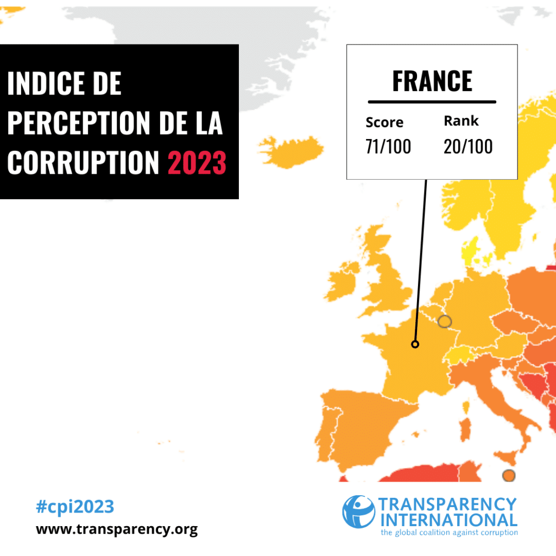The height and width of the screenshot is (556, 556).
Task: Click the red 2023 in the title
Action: tap(197, 161)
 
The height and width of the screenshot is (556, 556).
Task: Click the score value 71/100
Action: tap(388, 146)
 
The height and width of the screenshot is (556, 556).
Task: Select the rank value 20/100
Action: tap(468, 146)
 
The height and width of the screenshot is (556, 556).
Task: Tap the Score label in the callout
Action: tap(384, 122)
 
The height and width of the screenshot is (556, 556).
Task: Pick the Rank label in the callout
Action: tap(461, 121)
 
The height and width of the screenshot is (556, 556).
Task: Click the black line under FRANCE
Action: tap(432, 102)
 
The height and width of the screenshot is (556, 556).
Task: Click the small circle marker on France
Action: tap(415, 344)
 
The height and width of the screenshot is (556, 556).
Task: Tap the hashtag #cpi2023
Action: tap(75, 507)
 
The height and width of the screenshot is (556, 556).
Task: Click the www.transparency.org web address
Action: tap(117, 529)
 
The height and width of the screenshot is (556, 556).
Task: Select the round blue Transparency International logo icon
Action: tap(358, 511)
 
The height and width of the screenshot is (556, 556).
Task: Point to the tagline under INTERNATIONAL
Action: tap(449, 532)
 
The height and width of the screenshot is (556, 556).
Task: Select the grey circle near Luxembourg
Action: tap(445, 321)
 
